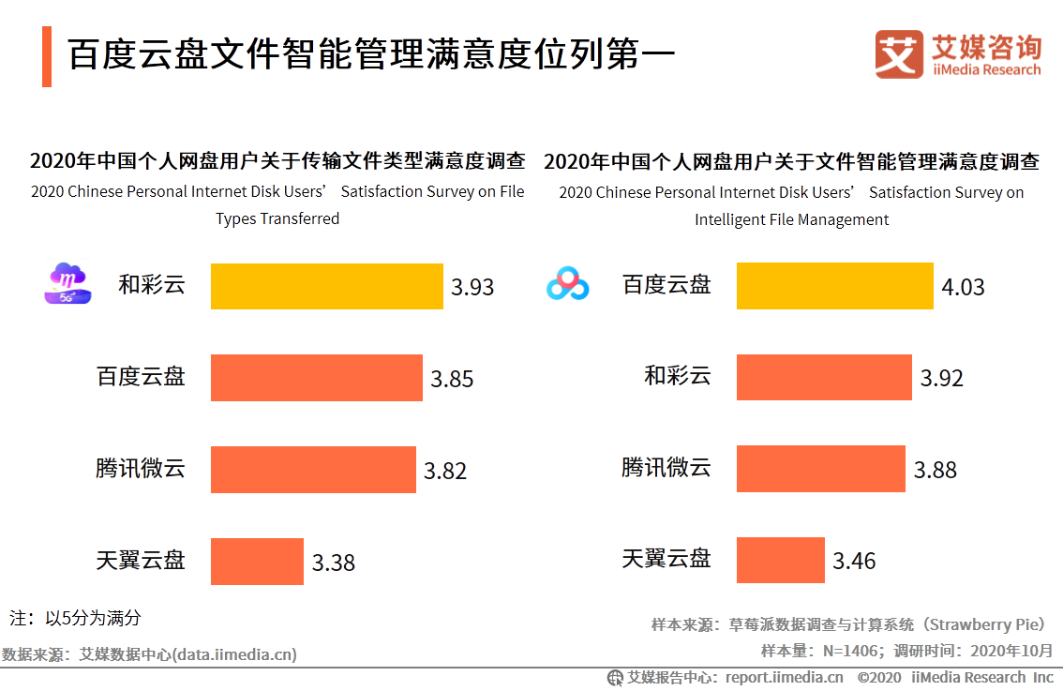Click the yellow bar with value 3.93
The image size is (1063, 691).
pyautogui.click(x=326, y=286)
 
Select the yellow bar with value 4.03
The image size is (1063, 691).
pyautogui.click(x=834, y=286)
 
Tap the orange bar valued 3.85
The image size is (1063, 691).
pyautogui.click(x=316, y=378)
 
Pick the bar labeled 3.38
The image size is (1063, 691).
pyautogui.click(x=257, y=562)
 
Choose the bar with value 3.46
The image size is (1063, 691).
pyautogui.click(x=780, y=561)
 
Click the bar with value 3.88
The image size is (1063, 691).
pyautogui.click(x=820, y=469)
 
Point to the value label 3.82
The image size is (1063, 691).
pyautogui.click(x=444, y=471)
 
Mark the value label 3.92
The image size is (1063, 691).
pyautogui.click(x=941, y=379)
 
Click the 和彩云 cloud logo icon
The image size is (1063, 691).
pyautogui.click(x=67, y=283)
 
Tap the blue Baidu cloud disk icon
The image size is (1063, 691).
pyautogui.click(x=568, y=284)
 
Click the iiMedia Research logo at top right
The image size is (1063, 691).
pyautogui.click(x=957, y=55)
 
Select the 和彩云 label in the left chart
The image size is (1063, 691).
pyautogui.click(x=151, y=285)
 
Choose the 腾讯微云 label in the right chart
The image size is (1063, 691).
pyautogui.click(x=666, y=467)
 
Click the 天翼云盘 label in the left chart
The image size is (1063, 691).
pyautogui.click(x=141, y=561)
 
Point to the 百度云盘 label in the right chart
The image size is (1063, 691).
pyautogui.click(x=666, y=285)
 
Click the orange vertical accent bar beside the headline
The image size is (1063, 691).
pyautogui.click(x=47, y=56)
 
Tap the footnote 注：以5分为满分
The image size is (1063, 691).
pyautogui.click(x=75, y=618)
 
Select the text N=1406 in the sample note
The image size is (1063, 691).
pyautogui.click(x=849, y=651)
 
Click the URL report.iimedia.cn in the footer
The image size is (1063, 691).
pyautogui.click(x=784, y=678)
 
